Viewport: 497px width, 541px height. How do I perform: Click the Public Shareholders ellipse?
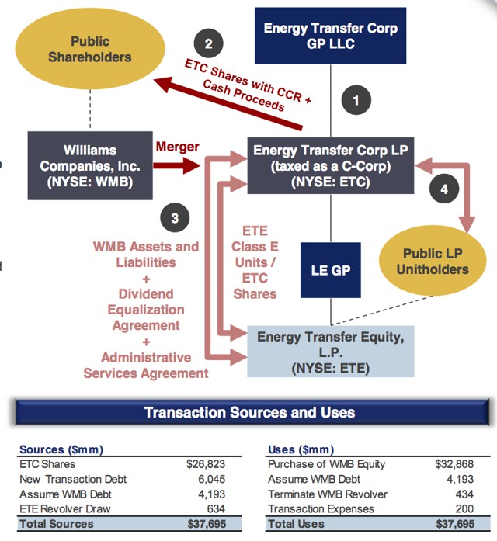click(x=90, y=49)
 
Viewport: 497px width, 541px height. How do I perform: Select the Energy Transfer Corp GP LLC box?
click(x=330, y=36)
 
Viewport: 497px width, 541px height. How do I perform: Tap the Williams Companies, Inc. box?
click(x=90, y=165)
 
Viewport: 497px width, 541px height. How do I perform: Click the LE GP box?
click(x=331, y=270)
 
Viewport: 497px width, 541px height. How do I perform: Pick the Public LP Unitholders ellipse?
click(x=433, y=261)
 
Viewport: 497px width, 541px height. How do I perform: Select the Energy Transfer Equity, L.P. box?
click(x=331, y=352)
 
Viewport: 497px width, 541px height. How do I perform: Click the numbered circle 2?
click(x=208, y=43)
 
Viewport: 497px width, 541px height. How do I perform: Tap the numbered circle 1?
click(x=356, y=100)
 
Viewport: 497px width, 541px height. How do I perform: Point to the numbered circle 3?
click(x=175, y=217)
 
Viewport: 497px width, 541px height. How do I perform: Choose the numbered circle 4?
click(x=444, y=189)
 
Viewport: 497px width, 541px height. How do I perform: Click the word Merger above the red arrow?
click(x=177, y=147)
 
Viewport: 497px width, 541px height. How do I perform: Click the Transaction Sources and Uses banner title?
click(x=249, y=412)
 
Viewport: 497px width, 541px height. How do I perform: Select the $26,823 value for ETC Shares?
click(x=206, y=464)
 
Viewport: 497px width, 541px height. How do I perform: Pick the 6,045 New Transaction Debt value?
click(x=211, y=479)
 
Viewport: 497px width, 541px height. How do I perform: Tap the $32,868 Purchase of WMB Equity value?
click(x=454, y=464)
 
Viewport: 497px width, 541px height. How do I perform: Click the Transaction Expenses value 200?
click(x=464, y=509)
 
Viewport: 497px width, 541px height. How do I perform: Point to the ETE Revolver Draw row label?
click(x=65, y=509)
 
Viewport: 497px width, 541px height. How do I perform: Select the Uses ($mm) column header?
click(x=301, y=449)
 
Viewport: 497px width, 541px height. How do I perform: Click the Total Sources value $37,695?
click(x=207, y=524)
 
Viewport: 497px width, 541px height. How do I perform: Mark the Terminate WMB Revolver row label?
click(x=328, y=494)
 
